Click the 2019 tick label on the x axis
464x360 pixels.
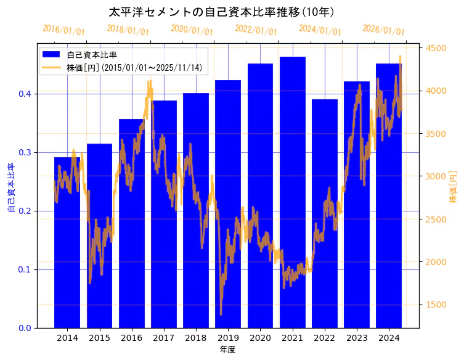[228, 338]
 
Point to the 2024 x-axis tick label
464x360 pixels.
[388, 338]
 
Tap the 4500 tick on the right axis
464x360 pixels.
[436, 48]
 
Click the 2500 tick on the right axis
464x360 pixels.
[436, 219]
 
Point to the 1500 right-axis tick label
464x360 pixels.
[436, 305]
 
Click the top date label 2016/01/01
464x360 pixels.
[63, 30]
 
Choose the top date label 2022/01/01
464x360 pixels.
[256, 30]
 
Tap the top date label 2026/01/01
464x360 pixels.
[383, 30]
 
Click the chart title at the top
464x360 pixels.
[221, 12]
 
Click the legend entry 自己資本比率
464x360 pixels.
[92, 55]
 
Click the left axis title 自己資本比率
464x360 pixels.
[11, 188]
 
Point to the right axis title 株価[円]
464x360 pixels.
[453, 188]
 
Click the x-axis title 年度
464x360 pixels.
[228, 350]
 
